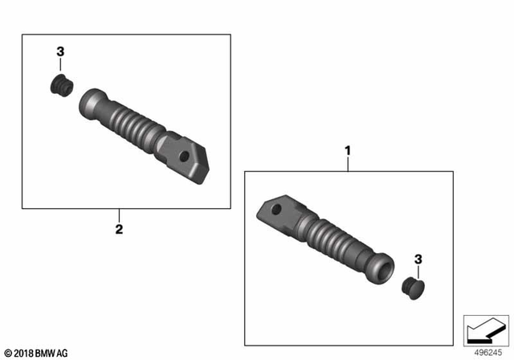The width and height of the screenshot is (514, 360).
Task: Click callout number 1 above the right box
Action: pyautogui.click(x=348, y=150)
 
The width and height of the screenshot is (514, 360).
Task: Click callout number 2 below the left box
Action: pyautogui.click(x=119, y=230)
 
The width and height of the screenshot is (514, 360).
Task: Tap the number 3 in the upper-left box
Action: pyautogui.click(x=60, y=51)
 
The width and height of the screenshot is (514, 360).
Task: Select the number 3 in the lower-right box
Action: pyautogui.click(x=417, y=259)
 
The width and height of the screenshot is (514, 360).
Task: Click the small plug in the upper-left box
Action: pyautogui.click(x=59, y=83)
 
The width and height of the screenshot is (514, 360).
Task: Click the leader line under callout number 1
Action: pyautogui.click(x=348, y=163)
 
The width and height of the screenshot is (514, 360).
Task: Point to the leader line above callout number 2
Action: pyautogui.click(x=119, y=215)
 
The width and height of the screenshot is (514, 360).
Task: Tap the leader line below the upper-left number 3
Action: pyautogui.click(x=60, y=65)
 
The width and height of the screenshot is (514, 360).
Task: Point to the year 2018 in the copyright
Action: pyautogui.click(x=23, y=353)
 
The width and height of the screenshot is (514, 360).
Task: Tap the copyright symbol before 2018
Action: pyautogui.click(x=7, y=353)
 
